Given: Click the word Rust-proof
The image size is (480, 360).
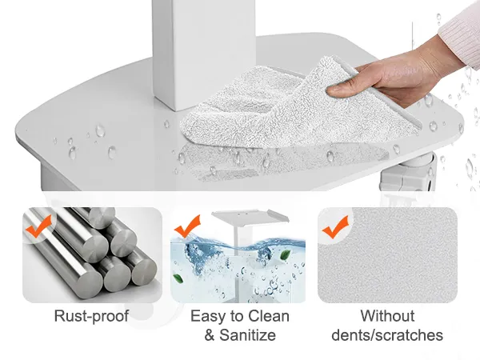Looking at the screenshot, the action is click(91, 316).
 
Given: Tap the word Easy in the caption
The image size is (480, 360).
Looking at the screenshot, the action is click(210, 316).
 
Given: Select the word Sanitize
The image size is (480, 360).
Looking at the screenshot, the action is click(248, 334).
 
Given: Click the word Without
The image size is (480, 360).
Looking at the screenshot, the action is click(387, 316).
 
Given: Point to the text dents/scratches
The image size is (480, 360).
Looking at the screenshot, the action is click(387, 335).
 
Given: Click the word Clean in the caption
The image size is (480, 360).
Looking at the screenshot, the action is click(269, 316).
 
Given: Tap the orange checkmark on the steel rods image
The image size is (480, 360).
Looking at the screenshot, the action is click(38, 226).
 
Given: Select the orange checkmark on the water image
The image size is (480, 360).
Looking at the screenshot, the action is click(187, 226).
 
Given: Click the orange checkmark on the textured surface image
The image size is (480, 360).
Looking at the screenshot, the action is click(335, 227).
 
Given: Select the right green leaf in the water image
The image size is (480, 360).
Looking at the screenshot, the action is click(286, 255).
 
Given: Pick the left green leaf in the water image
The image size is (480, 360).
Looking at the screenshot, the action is click(178, 278).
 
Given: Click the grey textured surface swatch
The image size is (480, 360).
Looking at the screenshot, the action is click(387, 255).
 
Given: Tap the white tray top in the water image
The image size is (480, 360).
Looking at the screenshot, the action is click(250, 217).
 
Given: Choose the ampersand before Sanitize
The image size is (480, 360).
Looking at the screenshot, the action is click(210, 335).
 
